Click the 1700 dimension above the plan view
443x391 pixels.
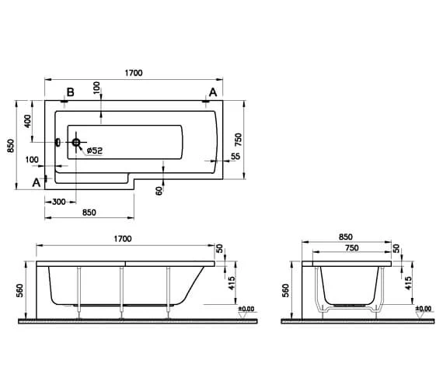pyautogui.click(x=133, y=73)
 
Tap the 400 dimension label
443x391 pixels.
pyautogui.click(x=28, y=122)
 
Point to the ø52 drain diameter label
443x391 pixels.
pyautogui.click(x=92, y=150)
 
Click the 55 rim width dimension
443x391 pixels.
pyautogui.click(x=235, y=157)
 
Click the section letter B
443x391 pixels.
pyautogui.click(x=70, y=93)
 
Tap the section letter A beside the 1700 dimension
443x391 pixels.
pyautogui.click(x=212, y=92)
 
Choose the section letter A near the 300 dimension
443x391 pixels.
pyautogui.click(x=36, y=183)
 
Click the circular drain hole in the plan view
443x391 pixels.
pyautogui.click(x=77, y=142)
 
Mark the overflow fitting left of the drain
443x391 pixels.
pyautogui.click(x=57, y=142)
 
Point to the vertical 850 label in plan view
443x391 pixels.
pyautogui.click(x=10, y=145)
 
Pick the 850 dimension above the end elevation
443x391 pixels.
pyautogui.click(x=345, y=237)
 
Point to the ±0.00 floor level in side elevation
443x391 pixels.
pyautogui.click(x=246, y=310)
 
